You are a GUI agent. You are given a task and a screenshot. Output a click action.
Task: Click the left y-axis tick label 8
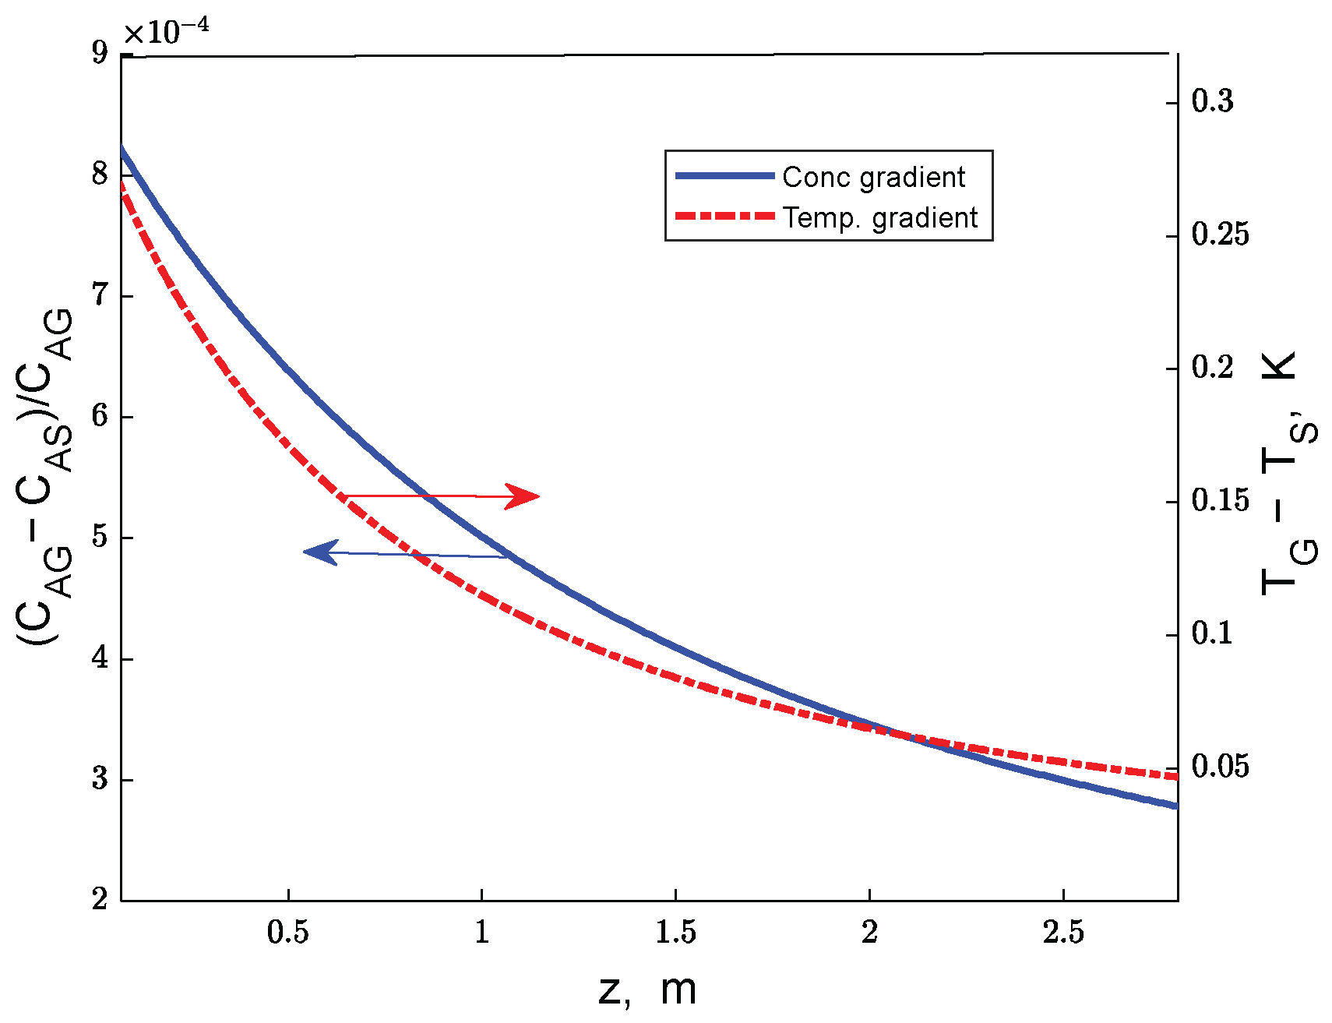100,174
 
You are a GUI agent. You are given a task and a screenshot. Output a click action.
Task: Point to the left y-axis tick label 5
100,537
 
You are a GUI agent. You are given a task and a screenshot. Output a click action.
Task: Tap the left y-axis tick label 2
100,899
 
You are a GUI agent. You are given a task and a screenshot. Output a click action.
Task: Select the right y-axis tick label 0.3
1213,101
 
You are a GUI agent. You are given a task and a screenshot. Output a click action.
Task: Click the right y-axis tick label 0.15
1220,501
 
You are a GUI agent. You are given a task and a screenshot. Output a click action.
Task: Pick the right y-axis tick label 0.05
1220,767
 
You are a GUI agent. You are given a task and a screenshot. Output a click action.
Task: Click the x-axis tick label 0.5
288,932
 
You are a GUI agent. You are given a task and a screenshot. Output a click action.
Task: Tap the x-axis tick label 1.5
675,932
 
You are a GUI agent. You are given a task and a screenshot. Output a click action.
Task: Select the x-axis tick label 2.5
1063,932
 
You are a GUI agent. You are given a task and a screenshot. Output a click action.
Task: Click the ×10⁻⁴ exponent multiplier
167,33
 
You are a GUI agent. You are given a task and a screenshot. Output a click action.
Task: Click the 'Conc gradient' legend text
873,178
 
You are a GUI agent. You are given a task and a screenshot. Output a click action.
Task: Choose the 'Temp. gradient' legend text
880,218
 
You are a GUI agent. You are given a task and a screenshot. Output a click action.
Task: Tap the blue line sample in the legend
724,176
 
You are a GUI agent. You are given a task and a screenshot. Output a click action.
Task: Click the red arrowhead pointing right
523,496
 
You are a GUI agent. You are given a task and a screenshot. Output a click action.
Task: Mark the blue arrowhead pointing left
319,552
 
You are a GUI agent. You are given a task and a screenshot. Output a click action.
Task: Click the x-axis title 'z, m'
647,989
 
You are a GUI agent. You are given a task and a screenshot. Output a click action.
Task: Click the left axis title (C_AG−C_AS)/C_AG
45,475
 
